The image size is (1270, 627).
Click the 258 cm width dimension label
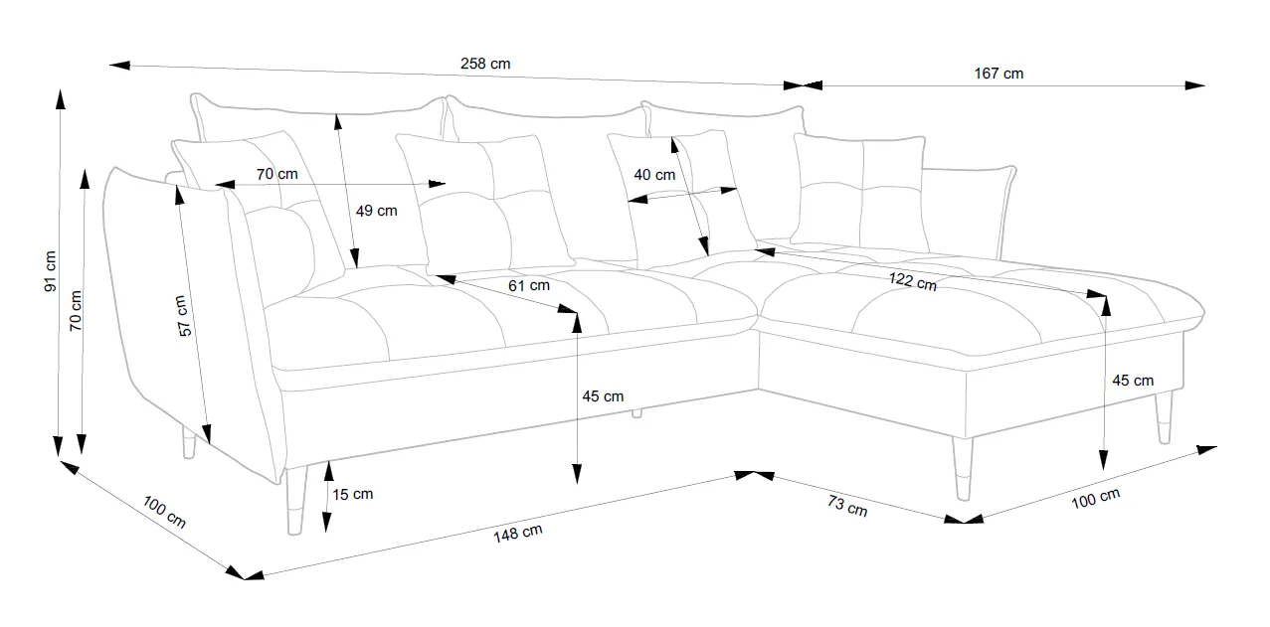click(x=485, y=64)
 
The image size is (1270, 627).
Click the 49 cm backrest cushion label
click(x=376, y=211)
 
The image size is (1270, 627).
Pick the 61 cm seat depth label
click(x=528, y=285)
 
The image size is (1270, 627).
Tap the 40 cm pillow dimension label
click(x=653, y=175)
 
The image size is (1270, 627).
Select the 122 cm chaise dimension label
click(x=912, y=281)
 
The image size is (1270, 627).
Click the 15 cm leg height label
click(x=353, y=494)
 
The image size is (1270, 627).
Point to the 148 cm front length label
click(x=517, y=533)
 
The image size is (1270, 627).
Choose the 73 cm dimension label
click(x=847, y=507)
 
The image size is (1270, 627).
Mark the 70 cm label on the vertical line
click(x=77, y=311)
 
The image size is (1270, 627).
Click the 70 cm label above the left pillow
click(x=276, y=174)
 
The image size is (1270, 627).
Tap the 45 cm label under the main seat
click(x=603, y=396)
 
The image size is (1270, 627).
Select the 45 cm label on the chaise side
click(x=1133, y=381)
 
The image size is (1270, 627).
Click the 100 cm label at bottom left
click(x=164, y=512)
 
